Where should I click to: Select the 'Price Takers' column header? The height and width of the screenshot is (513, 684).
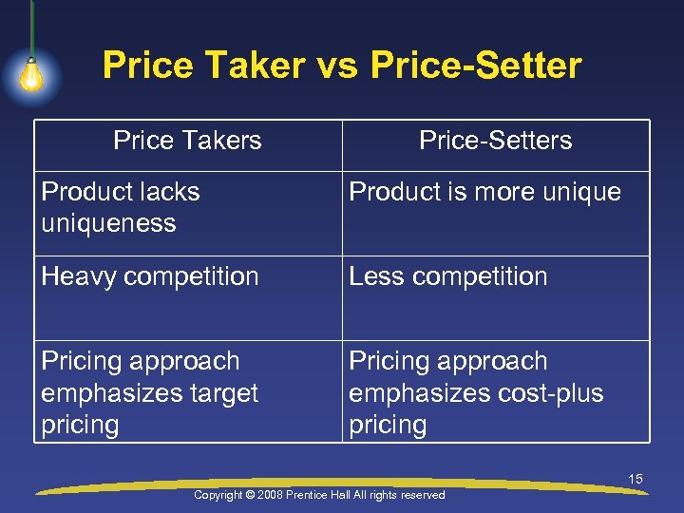187,141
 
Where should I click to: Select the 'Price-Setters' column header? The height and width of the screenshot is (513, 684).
495,141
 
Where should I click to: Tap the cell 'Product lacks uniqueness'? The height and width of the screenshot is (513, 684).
121,207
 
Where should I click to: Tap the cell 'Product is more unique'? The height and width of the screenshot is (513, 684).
484,192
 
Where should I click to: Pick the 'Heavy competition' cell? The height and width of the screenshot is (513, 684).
150,276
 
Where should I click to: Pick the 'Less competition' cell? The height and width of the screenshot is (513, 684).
447,276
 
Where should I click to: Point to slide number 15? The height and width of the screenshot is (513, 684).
636,479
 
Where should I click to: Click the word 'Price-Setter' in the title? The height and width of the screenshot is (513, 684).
476,66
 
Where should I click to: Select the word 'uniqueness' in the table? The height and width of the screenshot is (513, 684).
108,223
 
